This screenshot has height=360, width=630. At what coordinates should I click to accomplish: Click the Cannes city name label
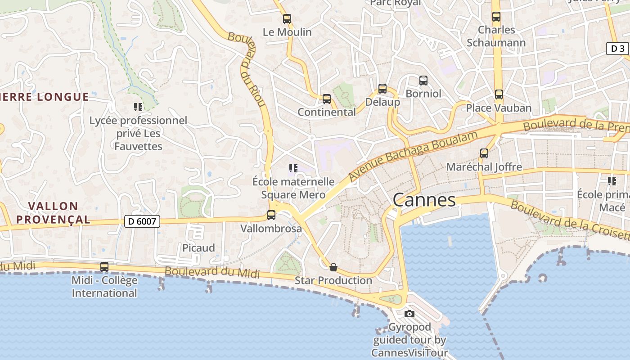[x=424, y=200]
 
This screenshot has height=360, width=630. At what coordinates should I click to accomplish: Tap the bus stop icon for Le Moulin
[x=287, y=19]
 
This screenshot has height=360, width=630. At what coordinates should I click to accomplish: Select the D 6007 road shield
[x=142, y=221]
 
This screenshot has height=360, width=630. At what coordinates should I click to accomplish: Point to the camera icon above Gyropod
[x=409, y=314]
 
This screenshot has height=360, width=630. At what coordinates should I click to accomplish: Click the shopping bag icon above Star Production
[x=333, y=267]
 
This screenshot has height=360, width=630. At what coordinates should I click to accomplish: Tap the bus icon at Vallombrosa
[x=271, y=215]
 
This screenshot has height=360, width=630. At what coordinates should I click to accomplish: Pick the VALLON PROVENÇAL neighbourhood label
[x=59, y=213]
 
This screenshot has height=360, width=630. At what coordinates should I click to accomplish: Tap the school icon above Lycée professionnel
[x=138, y=107]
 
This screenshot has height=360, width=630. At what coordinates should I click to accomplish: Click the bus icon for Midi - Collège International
[x=104, y=266]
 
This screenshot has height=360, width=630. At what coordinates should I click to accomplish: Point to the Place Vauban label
[x=499, y=108]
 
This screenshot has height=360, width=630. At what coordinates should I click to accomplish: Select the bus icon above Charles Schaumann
[x=496, y=17]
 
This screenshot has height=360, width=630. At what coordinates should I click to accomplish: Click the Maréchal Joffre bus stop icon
[x=484, y=153]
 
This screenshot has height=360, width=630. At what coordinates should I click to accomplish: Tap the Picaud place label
[x=198, y=248]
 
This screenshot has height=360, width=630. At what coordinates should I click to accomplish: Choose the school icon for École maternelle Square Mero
[x=293, y=169]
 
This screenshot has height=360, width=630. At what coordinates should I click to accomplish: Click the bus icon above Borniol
[x=423, y=81]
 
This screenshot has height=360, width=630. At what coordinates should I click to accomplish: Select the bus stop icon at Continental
[x=327, y=99]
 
